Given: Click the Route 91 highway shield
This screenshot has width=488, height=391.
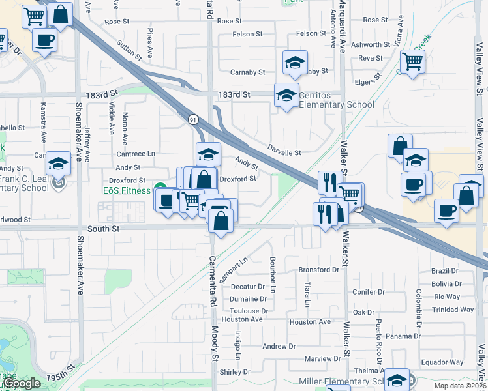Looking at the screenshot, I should (193, 119).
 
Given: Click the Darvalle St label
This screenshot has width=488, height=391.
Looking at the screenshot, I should (284, 153).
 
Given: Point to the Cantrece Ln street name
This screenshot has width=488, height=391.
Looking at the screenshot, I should (136, 154).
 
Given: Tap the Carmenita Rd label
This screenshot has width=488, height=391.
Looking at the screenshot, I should (211, 285).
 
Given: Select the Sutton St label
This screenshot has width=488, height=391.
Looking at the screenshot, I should (129, 50).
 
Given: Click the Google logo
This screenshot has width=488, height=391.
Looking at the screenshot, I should (22, 383).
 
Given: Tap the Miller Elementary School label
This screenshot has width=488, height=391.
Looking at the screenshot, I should (339, 381).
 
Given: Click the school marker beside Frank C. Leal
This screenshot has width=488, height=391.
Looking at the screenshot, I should (59, 164).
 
